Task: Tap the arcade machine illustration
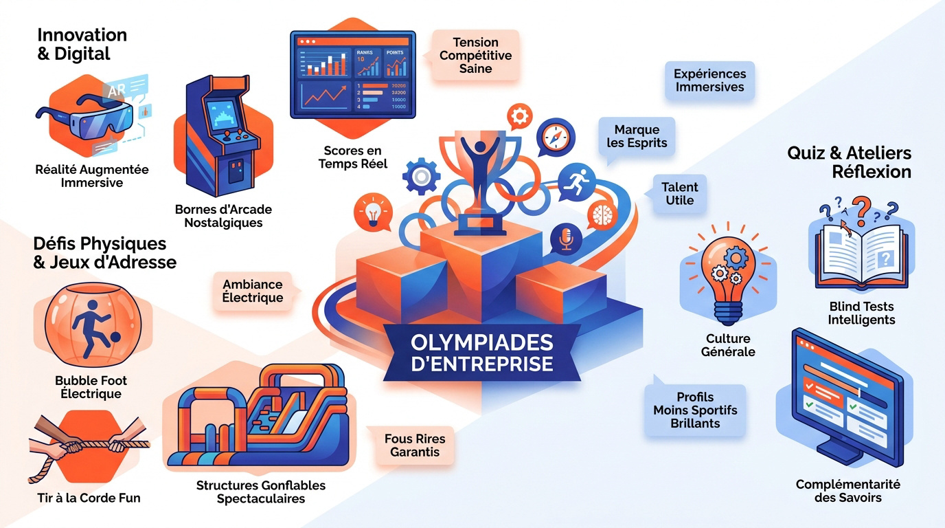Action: pos(223,141)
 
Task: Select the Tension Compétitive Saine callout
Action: pos(475,56)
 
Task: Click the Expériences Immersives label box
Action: pos(709,80)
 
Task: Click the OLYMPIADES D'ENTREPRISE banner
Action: pos(481,352)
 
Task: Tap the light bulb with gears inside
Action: pos(727,275)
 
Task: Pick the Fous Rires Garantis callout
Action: pos(414,445)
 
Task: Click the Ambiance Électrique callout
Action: pos(252,291)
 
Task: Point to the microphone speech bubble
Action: pos(567,239)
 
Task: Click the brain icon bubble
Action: pos(602,214)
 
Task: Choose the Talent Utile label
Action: pos(680,194)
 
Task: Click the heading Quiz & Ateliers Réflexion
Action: pos(849,162)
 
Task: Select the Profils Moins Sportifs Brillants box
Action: pos(695,410)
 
